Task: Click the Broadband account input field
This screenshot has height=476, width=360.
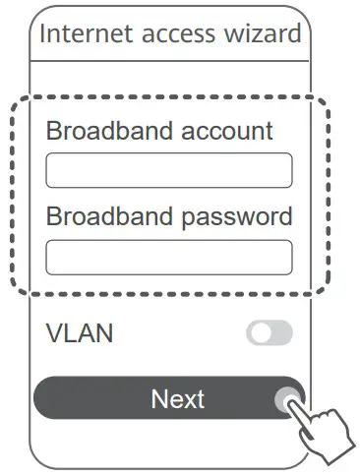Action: pos(168,170)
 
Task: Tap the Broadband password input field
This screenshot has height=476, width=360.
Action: pos(168,257)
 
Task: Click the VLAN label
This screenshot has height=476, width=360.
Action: pos(80,333)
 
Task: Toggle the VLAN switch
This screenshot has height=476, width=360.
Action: pos(269,333)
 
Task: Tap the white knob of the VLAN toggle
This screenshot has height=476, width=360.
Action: pos(260,333)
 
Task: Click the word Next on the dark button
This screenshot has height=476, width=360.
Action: pos(178,398)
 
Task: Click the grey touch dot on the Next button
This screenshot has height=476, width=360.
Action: pos(286,399)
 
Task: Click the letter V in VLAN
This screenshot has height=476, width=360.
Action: pos(54,333)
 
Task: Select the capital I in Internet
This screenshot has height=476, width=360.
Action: pos(42,34)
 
